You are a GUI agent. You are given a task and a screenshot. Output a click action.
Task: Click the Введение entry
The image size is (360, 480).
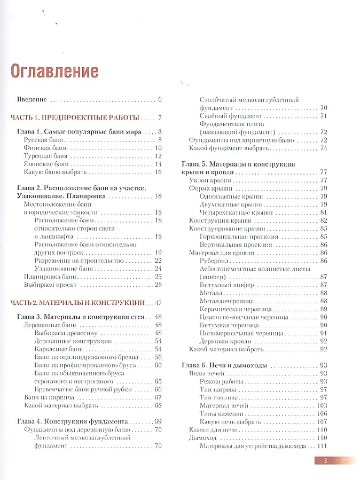tap(32, 99)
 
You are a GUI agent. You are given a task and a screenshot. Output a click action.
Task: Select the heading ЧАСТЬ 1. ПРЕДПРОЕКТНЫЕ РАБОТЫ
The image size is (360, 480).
tap(75, 117)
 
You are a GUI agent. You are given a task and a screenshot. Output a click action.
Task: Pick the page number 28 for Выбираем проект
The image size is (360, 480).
tap(158, 285)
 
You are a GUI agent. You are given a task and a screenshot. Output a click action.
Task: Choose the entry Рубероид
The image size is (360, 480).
tap(215, 260)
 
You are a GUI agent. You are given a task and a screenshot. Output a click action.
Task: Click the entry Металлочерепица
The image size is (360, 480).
tap(225, 301)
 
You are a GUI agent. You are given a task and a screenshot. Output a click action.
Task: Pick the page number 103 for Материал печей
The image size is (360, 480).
tap(322, 405)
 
